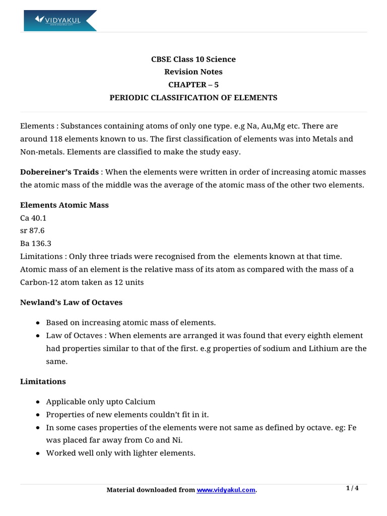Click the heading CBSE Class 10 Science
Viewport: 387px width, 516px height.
[x=193, y=59]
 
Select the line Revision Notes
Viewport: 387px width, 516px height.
[x=193, y=72]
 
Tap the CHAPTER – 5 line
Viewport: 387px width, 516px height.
[x=193, y=85]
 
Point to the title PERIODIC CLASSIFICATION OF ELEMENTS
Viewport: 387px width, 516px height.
[x=193, y=97]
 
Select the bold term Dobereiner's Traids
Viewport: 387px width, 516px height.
[x=59, y=172]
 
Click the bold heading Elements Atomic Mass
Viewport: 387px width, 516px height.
[x=64, y=205]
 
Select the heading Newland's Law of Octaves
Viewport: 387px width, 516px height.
[x=71, y=302]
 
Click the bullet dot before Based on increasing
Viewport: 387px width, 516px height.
[x=39, y=322]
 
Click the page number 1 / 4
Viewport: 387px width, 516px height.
[x=352, y=488]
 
